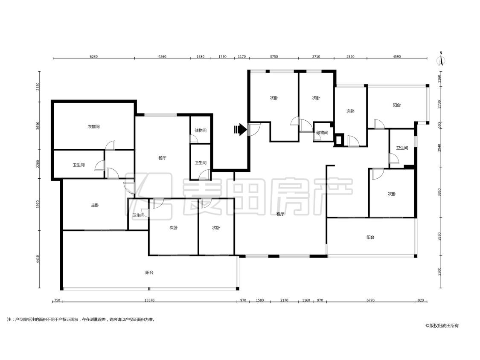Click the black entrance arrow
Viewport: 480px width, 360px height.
(x=240, y=130)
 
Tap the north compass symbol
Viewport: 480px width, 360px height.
(x=441, y=58)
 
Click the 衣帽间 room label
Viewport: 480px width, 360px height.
(x=94, y=126)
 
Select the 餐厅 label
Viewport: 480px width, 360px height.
(x=162, y=158)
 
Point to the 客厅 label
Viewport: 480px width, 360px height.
(x=280, y=214)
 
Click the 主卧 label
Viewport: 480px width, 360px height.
(x=95, y=205)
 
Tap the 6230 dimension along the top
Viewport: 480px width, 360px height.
(x=94, y=56)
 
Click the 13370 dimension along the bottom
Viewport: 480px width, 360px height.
(x=149, y=300)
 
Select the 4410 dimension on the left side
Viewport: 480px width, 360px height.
(x=38, y=259)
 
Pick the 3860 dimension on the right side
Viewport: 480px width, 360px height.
(x=439, y=192)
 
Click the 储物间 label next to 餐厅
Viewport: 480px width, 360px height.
(x=200, y=130)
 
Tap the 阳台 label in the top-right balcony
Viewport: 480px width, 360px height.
(x=397, y=105)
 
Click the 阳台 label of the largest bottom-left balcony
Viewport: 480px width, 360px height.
(x=149, y=273)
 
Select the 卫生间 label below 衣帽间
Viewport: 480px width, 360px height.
(x=79, y=165)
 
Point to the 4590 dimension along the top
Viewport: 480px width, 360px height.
(x=397, y=56)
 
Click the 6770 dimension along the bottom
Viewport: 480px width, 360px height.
(x=370, y=300)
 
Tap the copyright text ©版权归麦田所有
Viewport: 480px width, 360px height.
(x=442, y=326)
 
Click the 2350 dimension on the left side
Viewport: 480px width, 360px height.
(x=38, y=87)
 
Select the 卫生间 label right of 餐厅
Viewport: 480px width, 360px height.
(x=201, y=163)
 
